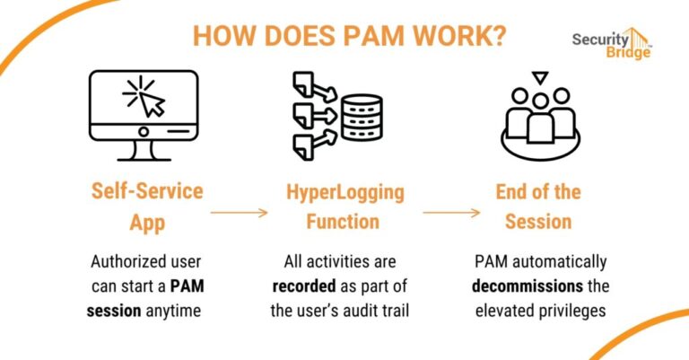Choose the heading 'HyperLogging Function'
345,205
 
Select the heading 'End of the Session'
538,205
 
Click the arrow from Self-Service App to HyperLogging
239,213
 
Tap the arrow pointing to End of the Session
451,213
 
